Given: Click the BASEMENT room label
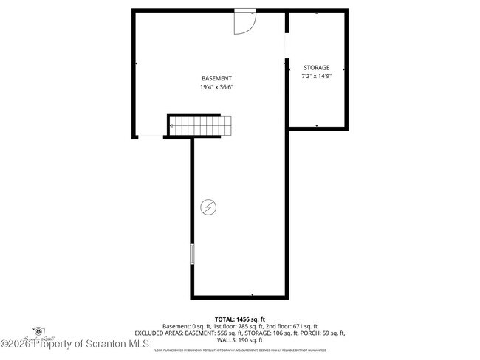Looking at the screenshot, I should (216, 79).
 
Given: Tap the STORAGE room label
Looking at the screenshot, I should (316, 68).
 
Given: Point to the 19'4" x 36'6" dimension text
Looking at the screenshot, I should (216, 87).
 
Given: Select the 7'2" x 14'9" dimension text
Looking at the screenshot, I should (316, 76).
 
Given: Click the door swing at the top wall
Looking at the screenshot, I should (244, 22).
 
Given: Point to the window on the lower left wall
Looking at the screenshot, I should (192, 254).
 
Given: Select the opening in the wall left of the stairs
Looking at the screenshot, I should (151, 136).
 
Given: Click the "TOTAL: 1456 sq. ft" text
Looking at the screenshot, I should (239, 319).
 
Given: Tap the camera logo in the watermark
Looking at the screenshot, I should (38, 331).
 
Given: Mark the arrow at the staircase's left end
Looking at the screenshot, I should (172, 125).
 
